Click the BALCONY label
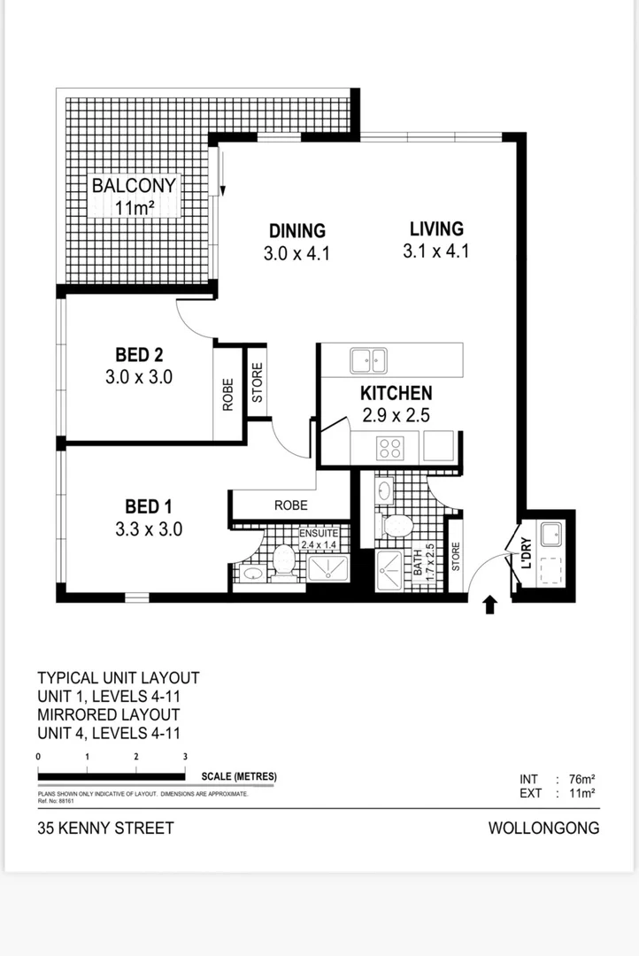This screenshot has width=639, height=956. pos(134,187)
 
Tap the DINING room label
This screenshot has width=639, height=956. pos(297,231)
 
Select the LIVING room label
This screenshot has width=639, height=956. pos(436,228)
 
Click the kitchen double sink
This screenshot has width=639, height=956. pos(368,360)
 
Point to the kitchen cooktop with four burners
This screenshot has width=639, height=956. pos(390,448)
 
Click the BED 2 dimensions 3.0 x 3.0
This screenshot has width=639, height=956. pos(138,376)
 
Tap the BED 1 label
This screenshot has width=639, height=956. pos(149,506)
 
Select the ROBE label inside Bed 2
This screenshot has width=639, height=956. pos(227,395)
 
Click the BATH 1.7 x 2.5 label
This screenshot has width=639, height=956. pos(425,560)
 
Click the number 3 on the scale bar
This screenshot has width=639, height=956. pos(185,757)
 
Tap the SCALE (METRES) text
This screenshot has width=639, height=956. pos(239,777)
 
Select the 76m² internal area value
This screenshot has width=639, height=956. pos(581,780)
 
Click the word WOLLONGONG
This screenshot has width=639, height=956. pos(543,829)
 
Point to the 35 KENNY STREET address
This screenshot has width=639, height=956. pos(105,829)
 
